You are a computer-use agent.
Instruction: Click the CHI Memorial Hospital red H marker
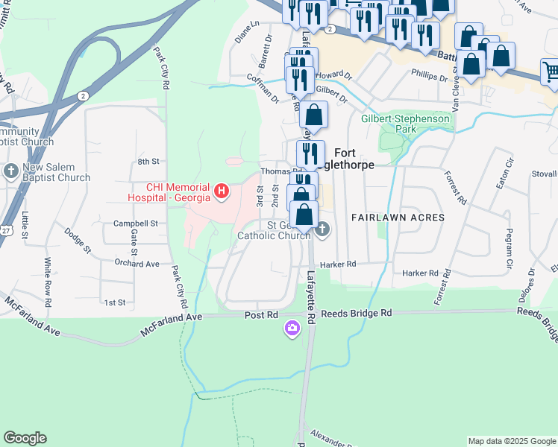click(x=222, y=191)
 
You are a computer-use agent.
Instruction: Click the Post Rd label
click(x=261, y=315)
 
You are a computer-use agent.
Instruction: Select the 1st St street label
click(x=114, y=302)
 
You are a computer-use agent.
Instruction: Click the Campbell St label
click(x=135, y=223)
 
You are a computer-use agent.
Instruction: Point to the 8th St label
click(x=148, y=161)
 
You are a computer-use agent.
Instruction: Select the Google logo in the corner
click(x=25, y=438)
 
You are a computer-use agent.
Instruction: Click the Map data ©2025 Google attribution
click(x=512, y=441)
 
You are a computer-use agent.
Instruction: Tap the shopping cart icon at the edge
click(x=551, y=72)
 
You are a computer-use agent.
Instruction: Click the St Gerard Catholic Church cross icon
click(x=322, y=228)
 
